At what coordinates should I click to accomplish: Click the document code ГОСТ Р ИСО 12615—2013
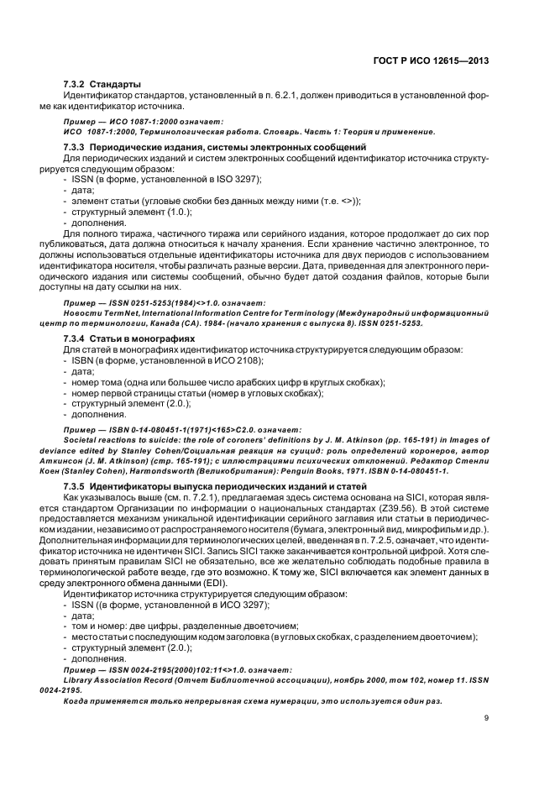coord(430,60)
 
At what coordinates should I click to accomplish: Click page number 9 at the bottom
coord(486,718)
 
